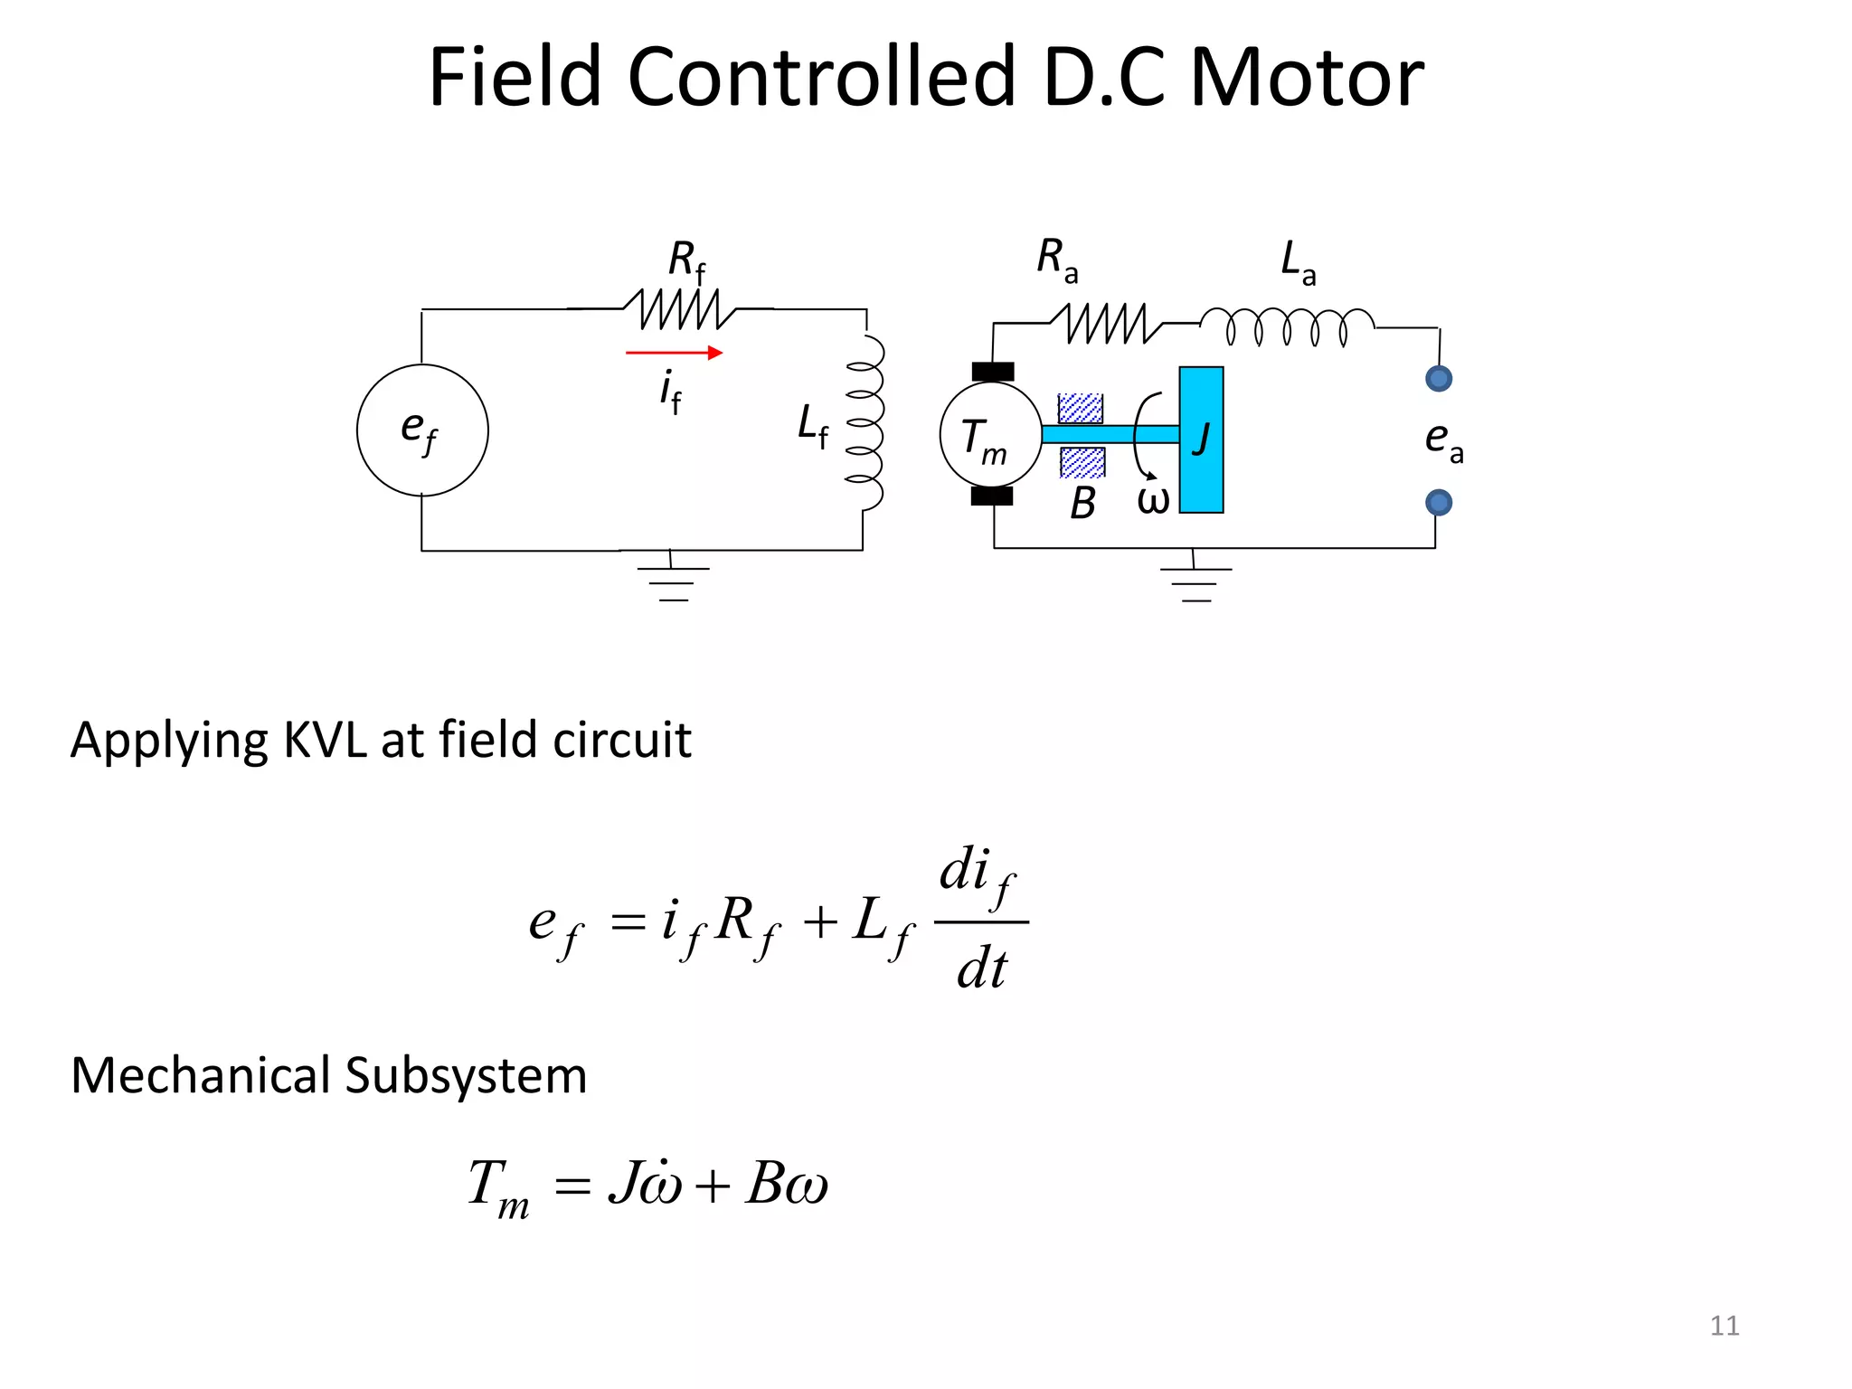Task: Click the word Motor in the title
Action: (x=1306, y=79)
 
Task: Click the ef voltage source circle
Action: (x=422, y=430)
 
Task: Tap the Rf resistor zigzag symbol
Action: (x=680, y=309)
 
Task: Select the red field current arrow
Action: (x=674, y=353)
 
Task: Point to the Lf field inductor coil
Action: (x=865, y=423)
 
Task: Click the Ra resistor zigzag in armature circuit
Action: (x=1105, y=323)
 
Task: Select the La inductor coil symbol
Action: (x=1287, y=326)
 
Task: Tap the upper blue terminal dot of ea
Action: (x=1438, y=378)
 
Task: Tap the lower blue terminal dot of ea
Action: (x=1438, y=502)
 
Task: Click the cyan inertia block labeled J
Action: (x=1201, y=439)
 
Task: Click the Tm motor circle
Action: (x=990, y=435)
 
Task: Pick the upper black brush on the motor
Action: (x=993, y=372)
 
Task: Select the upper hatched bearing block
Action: (x=1081, y=409)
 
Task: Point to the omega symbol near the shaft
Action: (x=1153, y=500)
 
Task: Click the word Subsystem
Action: (x=465, y=1076)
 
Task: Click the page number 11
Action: (x=1724, y=1326)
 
